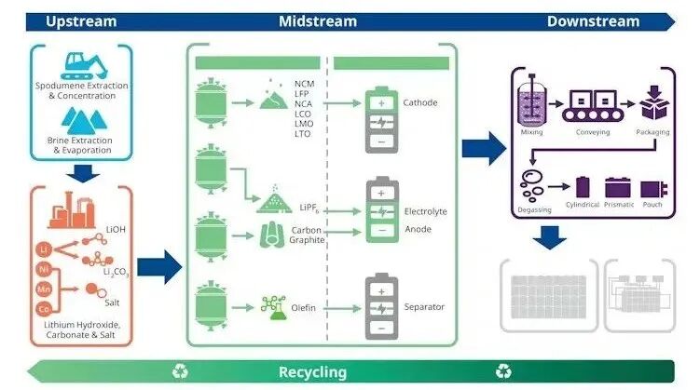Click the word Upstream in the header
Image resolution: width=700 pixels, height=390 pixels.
point(81,21)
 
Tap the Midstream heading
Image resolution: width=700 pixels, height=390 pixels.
point(318,21)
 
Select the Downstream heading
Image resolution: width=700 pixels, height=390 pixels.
point(594,21)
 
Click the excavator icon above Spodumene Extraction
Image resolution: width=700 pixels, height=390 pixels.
point(84,66)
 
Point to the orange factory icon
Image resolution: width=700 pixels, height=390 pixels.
point(72,210)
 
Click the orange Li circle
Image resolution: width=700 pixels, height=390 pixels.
point(44,249)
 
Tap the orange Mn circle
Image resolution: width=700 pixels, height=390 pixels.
point(44,289)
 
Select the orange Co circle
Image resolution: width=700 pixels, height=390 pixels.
point(44,308)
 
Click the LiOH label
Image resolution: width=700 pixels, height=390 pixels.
point(116,230)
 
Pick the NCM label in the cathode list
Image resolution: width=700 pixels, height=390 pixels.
point(305,84)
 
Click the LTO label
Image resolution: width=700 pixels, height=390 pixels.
point(302,134)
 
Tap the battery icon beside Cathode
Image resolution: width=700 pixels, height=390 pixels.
point(381,120)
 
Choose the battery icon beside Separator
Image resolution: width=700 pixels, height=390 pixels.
point(381,306)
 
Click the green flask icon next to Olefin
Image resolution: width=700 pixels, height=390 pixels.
point(274,307)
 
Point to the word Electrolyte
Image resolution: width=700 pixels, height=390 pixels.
point(425,211)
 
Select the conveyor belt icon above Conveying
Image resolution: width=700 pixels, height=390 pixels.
point(593,106)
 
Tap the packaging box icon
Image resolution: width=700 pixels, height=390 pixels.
point(654,103)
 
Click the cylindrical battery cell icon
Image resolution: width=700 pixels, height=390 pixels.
point(583,187)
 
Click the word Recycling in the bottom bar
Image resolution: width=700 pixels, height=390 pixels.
point(312,371)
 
